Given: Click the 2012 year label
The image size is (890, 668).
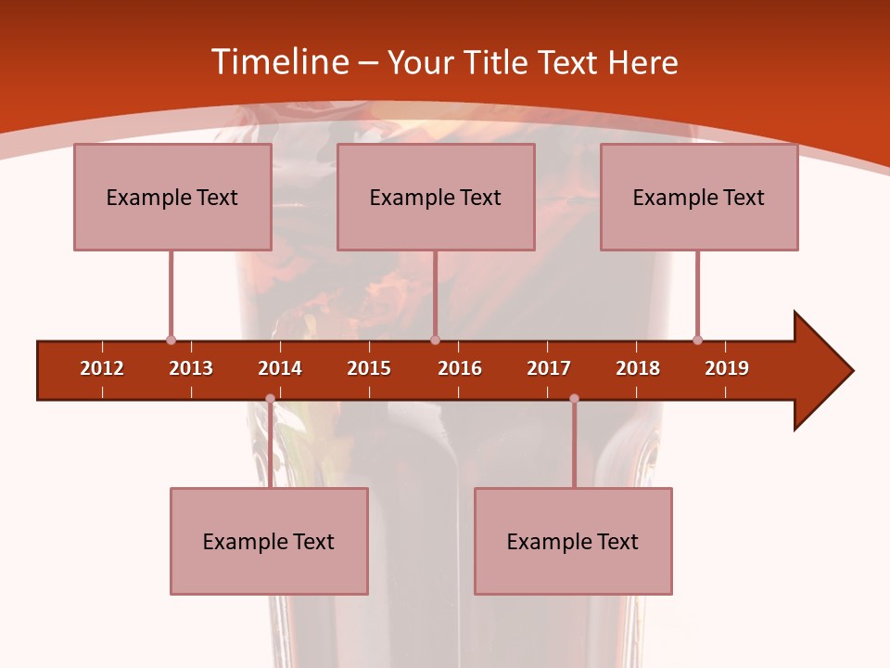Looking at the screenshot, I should [x=102, y=368].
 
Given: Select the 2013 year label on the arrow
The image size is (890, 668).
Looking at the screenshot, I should [x=191, y=368].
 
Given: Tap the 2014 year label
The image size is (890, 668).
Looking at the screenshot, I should [x=280, y=368].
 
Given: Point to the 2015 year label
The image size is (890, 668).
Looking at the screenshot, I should [x=369, y=368].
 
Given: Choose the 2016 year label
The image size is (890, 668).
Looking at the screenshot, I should [x=460, y=368].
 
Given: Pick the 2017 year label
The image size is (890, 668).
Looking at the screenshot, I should [x=549, y=368].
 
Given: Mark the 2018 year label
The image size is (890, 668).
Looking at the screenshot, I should [x=638, y=368].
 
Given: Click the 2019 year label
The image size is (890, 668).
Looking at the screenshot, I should [x=727, y=368].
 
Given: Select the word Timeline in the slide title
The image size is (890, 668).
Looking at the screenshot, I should [x=279, y=62].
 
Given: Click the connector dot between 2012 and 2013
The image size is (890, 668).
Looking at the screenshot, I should [x=171, y=340].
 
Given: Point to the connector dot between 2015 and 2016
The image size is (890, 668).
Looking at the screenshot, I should [x=435, y=340].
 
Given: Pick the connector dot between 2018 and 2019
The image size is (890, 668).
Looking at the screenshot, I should [x=697, y=340].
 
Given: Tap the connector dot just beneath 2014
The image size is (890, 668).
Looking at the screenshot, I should [x=270, y=399].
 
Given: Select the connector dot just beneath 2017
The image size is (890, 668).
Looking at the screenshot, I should [x=574, y=399].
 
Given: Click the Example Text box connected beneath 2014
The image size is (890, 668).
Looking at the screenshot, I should [x=269, y=541].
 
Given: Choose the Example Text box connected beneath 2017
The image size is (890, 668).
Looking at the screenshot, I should [x=573, y=541].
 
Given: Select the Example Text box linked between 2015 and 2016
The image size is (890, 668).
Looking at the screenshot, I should [x=436, y=197].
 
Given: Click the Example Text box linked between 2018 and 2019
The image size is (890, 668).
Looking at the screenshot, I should [x=699, y=197].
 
